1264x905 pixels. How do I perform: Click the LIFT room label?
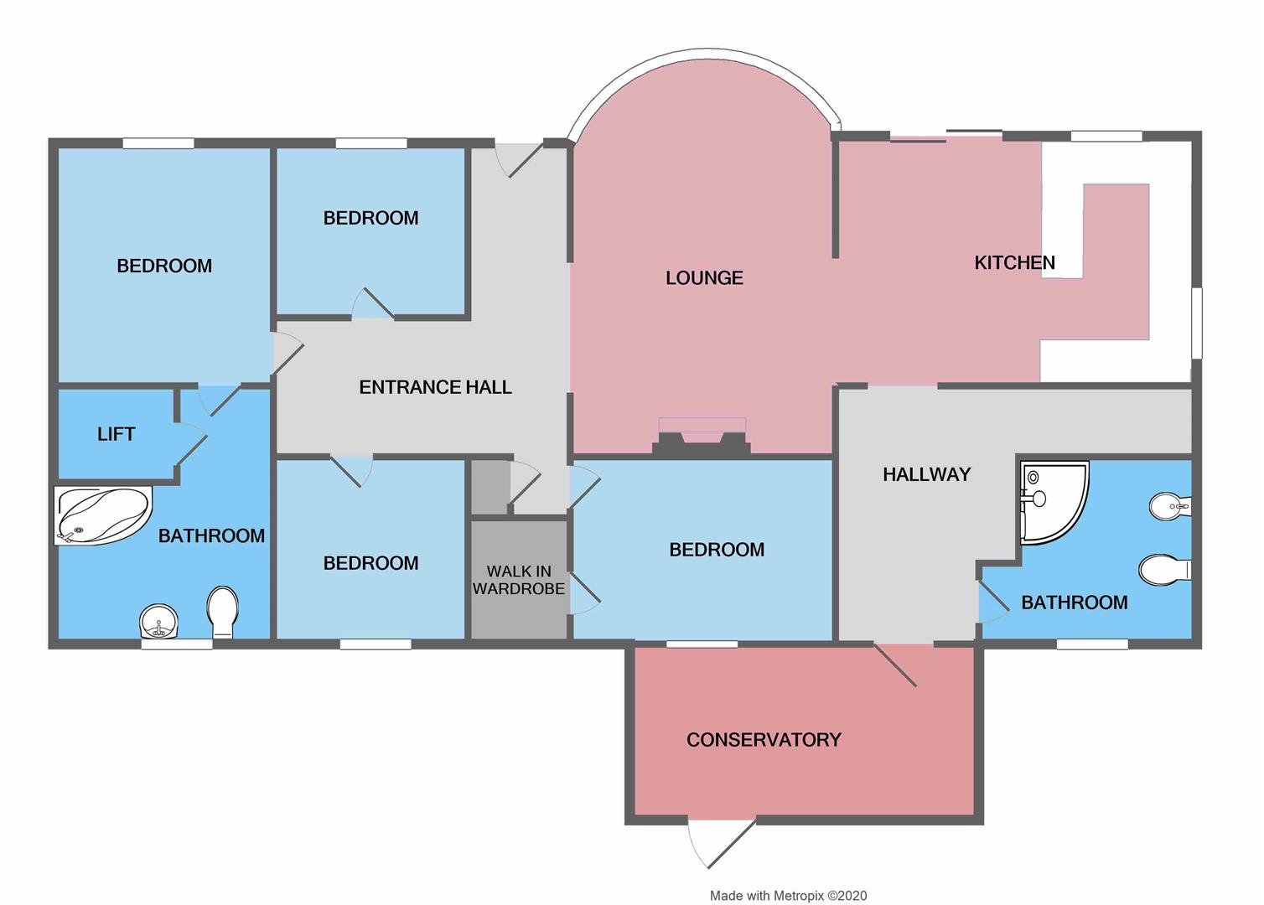[x=116, y=434]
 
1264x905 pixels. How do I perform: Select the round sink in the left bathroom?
[x=158, y=622]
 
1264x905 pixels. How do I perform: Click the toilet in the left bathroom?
[x=223, y=611]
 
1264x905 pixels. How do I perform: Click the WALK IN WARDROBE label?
[x=519, y=580]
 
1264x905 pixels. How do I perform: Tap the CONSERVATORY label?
[x=764, y=740]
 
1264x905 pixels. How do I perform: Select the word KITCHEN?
[x=1014, y=263]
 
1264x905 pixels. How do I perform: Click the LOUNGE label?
[x=704, y=278]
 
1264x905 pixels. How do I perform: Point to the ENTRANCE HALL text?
[x=435, y=387]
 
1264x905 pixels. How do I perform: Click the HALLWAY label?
[x=926, y=474]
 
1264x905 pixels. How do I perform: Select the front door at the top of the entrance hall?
[x=520, y=159]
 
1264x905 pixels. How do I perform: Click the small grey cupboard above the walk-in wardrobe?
[x=490, y=488]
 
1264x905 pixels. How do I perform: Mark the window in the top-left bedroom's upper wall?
[x=158, y=143]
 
